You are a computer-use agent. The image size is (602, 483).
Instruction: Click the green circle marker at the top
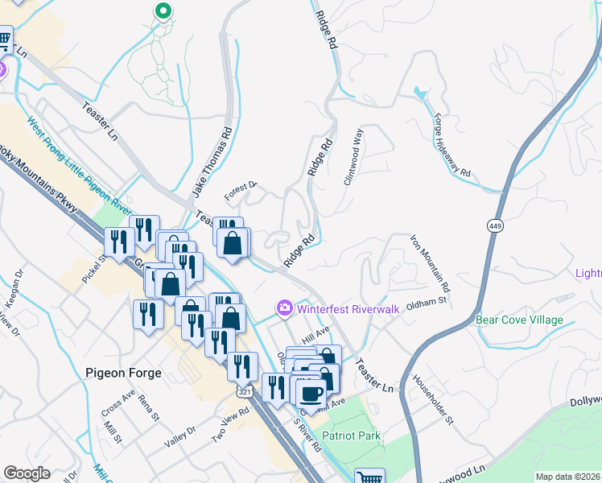[x=163, y=11]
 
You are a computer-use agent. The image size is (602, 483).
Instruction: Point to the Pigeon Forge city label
[x=123, y=374]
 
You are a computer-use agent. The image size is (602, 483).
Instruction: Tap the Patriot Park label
[x=351, y=436]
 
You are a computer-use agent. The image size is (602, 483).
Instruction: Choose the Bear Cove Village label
[x=519, y=320]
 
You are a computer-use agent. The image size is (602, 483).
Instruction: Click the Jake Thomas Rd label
[x=212, y=163]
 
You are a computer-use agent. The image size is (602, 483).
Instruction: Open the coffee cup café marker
[x=311, y=394]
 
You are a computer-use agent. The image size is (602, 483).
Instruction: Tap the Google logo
[x=27, y=473]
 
